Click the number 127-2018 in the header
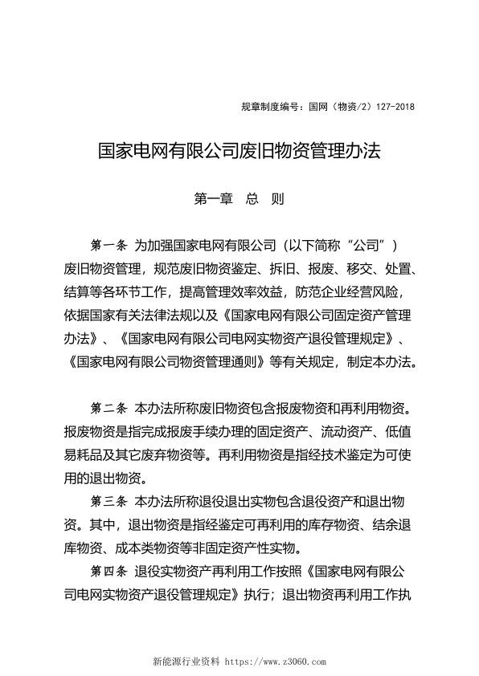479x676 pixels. click(393, 107)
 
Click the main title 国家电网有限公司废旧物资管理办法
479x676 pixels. click(239, 150)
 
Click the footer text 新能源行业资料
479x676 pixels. click(186, 662)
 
